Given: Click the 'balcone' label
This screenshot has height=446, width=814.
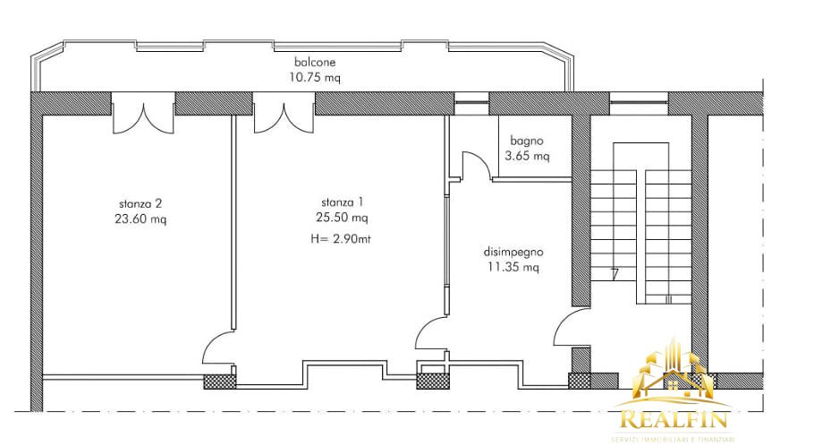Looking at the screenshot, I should [x=316, y=63].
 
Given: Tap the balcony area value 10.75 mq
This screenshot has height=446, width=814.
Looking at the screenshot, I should [x=316, y=77].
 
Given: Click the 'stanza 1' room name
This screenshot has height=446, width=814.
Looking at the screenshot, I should [x=343, y=202].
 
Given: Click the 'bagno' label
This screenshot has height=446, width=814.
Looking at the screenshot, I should [x=527, y=141].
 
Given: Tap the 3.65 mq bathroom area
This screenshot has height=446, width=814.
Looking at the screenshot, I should [x=527, y=156].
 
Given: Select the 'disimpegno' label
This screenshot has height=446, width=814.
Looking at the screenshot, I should [x=514, y=252].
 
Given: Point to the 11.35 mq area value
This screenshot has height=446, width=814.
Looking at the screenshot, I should [x=514, y=267].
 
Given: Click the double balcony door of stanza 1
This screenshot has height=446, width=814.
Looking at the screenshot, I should [x=283, y=116].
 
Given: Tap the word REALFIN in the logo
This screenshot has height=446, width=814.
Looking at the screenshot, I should [x=672, y=419].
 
